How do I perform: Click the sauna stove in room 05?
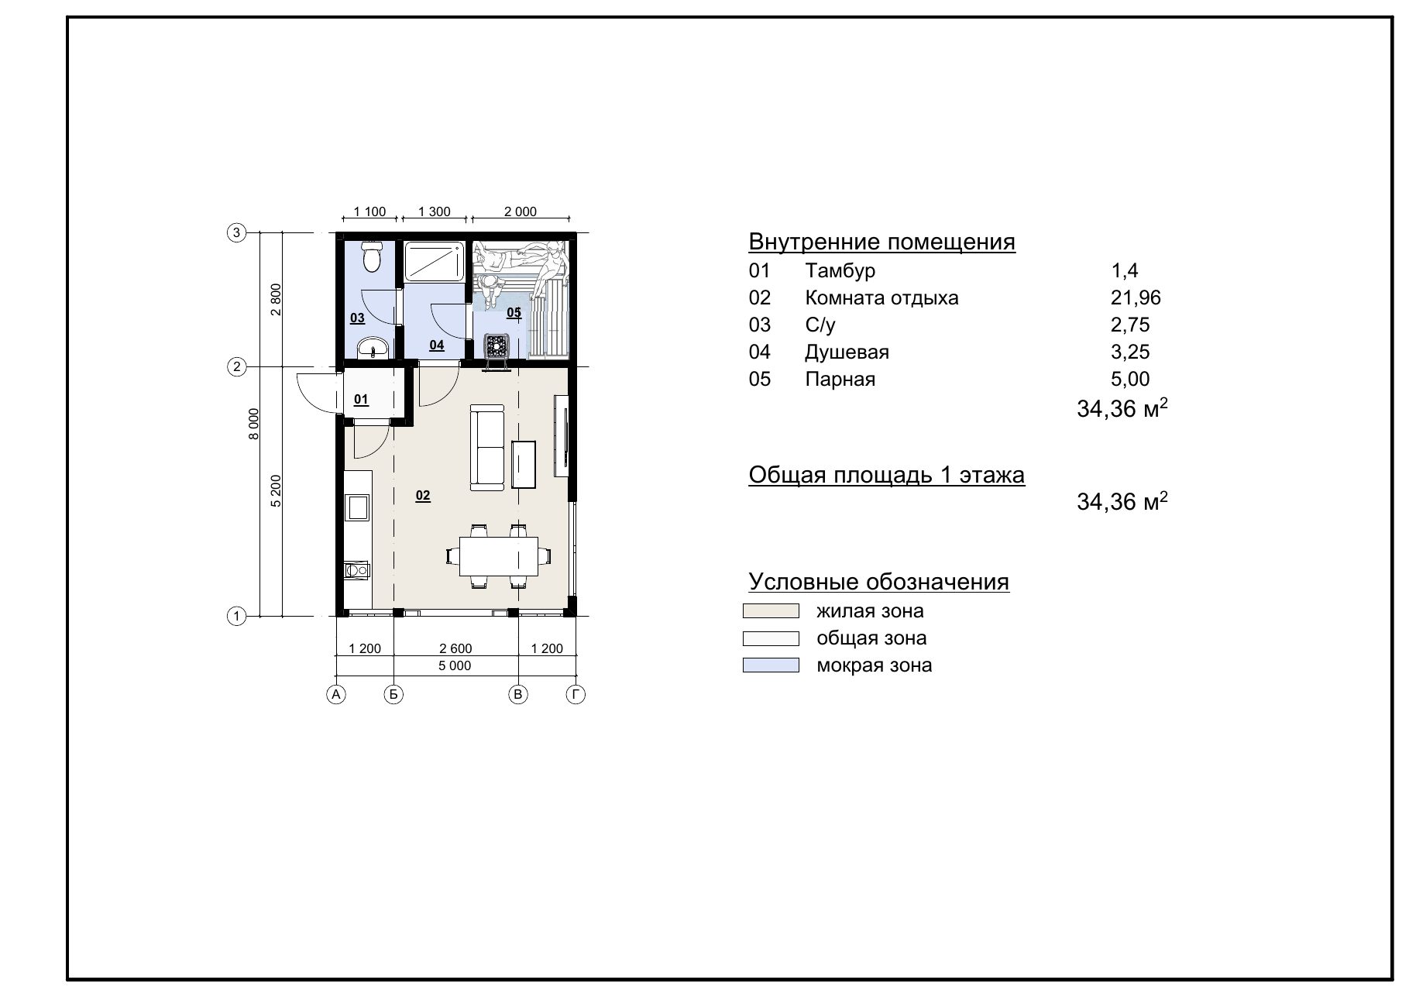(x=497, y=347)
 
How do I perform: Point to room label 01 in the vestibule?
(x=361, y=400)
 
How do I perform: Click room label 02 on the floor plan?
(x=422, y=496)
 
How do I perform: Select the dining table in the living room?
(x=498, y=556)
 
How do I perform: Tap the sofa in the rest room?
(x=486, y=450)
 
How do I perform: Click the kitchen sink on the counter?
(x=358, y=508)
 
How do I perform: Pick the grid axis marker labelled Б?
(x=393, y=695)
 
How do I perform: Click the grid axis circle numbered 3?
(x=236, y=232)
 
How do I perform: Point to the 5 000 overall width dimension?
(x=455, y=665)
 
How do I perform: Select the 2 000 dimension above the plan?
(x=521, y=211)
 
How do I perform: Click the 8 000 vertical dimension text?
(x=254, y=425)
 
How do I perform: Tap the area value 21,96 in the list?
(x=1136, y=298)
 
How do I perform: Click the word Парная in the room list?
(x=840, y=380)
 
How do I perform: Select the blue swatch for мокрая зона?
(x=771, y=665)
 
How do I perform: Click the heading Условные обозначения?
(x=879, y=582)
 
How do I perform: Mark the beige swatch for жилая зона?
(x=771, y=611)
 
